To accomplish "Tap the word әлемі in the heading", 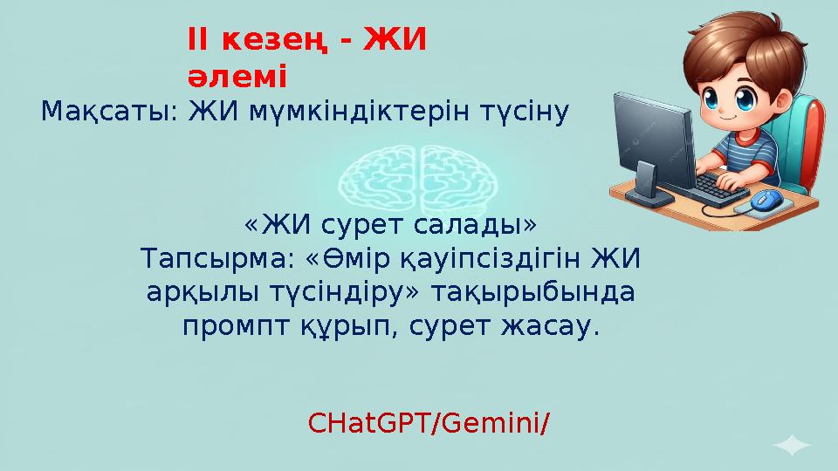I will point(237,77).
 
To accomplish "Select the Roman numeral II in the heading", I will point(198,39).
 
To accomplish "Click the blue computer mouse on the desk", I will point(766,199).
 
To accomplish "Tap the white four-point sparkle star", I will point(792,447).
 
